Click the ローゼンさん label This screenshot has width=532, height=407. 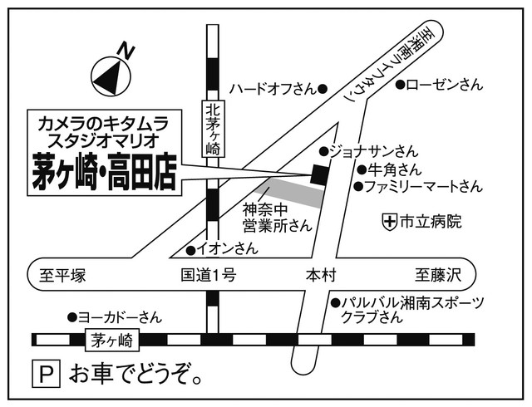pos(444,84)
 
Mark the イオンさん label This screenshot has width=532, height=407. pos(227,248)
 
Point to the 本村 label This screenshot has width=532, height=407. pos(320,275)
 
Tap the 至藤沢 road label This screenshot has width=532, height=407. pos(438,275)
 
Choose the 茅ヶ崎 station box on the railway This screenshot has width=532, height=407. pos(113,339)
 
